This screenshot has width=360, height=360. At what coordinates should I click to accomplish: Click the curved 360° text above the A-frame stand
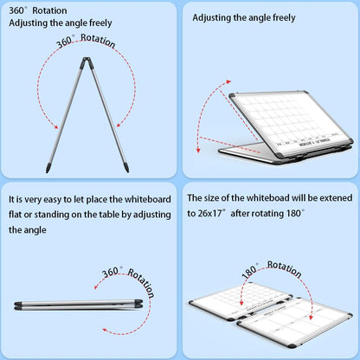(66, 42)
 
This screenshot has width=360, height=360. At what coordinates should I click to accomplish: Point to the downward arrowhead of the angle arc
(200, 141)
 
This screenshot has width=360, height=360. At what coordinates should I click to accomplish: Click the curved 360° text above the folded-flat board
(112, 273)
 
